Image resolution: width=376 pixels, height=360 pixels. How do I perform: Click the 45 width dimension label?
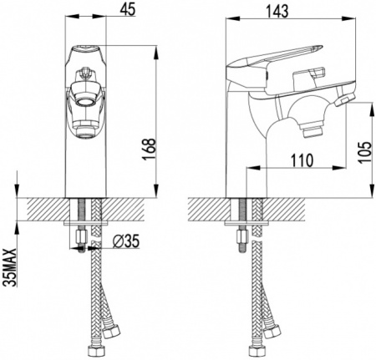[x=128, y=9]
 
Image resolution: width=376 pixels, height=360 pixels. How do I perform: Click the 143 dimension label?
[x=277, y=11]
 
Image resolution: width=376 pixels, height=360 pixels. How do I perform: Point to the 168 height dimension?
[x=149, y=150]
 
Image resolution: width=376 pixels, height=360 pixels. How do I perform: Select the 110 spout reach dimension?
[x=302, y=160]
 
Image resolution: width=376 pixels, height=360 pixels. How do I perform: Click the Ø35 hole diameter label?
[x=126, y=241]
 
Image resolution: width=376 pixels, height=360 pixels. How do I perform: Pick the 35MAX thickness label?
[x=10, y=267]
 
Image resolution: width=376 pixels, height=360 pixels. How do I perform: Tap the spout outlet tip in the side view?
[x=311, y=132]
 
